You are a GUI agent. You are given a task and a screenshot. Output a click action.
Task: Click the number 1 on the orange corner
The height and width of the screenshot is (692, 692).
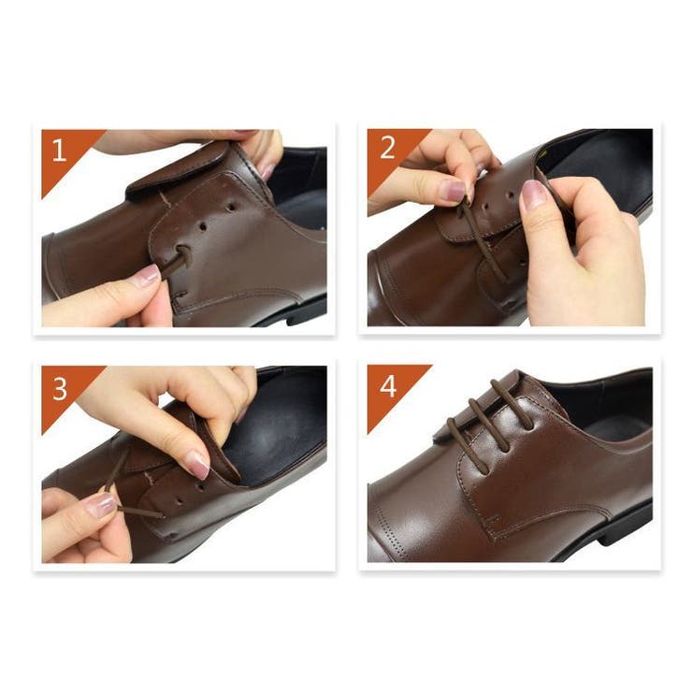click(x=60, y=150)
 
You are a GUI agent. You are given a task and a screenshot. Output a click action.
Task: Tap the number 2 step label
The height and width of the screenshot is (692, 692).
click(x=387, y=148)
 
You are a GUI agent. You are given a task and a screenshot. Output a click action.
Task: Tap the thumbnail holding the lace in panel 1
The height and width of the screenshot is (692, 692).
click(x=149, y=275)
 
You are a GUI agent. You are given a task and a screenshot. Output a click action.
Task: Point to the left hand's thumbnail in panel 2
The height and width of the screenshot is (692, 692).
click(x=454, y=190)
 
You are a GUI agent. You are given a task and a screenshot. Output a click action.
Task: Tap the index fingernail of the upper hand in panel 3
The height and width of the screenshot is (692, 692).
click(x=199, y=465)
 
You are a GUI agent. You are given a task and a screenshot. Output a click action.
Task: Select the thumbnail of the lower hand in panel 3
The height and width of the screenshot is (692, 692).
click(x=101, y=505)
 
